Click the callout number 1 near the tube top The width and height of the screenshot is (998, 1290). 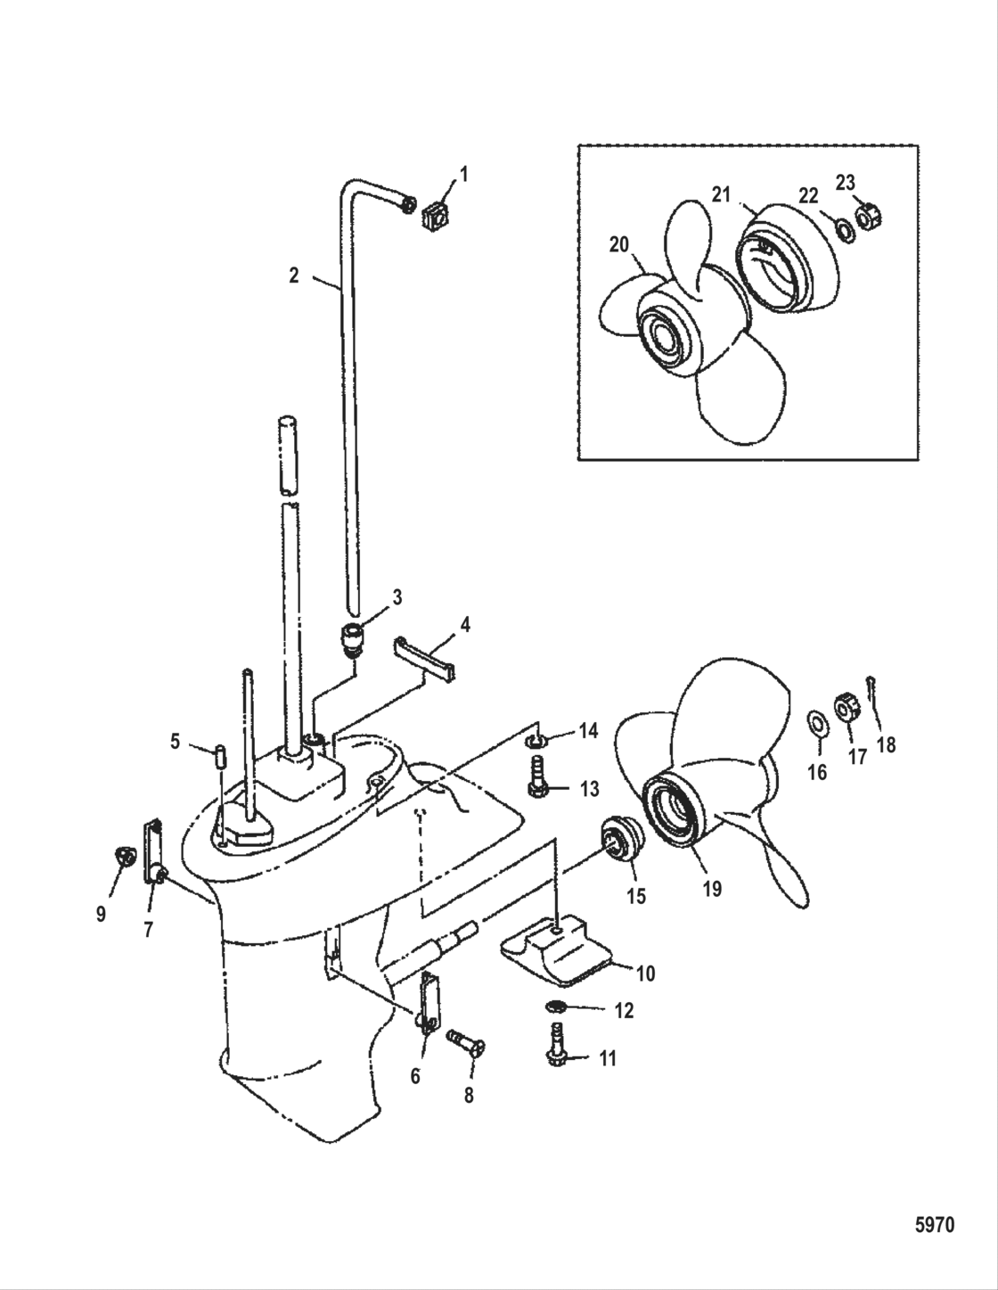pos(462,174)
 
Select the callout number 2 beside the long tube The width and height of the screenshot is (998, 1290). pos(294,275)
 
